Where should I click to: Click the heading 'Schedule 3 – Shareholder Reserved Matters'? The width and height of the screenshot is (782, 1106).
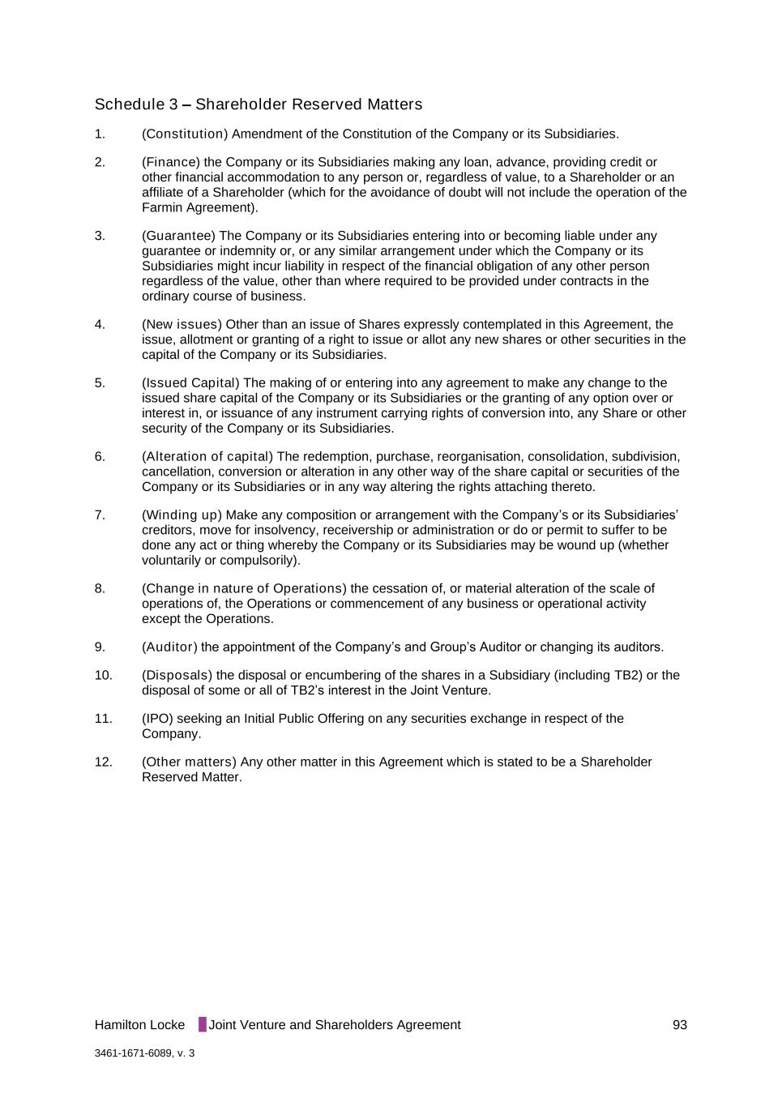coord(258,105)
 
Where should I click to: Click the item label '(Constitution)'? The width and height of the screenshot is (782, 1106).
coord(185,134)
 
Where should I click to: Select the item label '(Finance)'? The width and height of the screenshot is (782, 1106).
coord(171,162)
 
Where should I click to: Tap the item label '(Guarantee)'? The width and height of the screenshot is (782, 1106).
coord(178,236)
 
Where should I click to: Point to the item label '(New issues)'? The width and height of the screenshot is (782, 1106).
coord(182,325)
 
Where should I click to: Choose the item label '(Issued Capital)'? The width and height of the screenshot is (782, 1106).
coord(190,383)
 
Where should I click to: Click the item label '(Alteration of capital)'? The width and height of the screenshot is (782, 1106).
coord(207,457)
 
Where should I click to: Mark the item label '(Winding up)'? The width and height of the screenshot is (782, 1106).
coord(182,515)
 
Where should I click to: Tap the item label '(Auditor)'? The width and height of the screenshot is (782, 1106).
coord(169,647)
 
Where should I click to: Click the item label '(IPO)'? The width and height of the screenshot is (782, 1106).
coord(157,719)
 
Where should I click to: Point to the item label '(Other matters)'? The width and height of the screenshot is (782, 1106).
coord(189,762)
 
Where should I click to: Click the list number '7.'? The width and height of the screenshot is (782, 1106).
coord(100,515)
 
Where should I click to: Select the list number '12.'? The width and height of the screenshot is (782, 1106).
coord(103,762)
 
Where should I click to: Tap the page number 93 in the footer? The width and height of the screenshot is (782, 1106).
coord(679,1025)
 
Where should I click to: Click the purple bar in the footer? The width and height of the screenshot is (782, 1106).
coord(202,1024)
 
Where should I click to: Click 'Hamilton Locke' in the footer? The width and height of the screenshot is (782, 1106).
coord(139,1025)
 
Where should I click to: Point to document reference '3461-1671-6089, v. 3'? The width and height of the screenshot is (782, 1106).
coord(144,1053)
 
